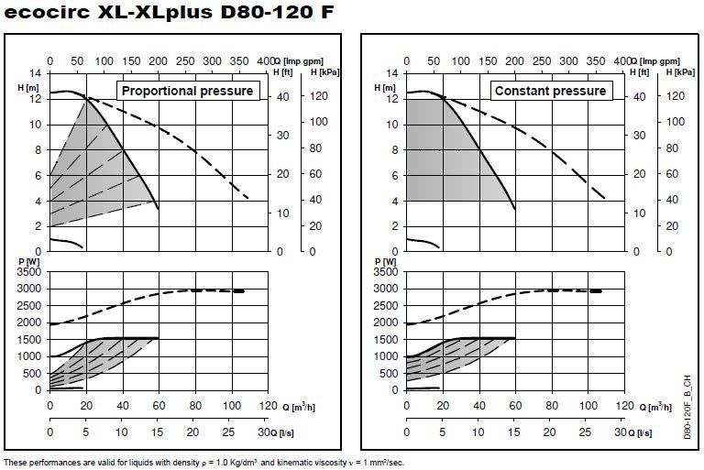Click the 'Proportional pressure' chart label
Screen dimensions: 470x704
point(187,91)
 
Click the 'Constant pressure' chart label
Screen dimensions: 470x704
point(550,91)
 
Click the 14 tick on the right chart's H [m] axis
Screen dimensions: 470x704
point(391,72)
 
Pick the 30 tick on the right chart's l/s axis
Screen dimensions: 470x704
point(620,432)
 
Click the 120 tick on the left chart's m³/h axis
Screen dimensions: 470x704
point(266,405)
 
